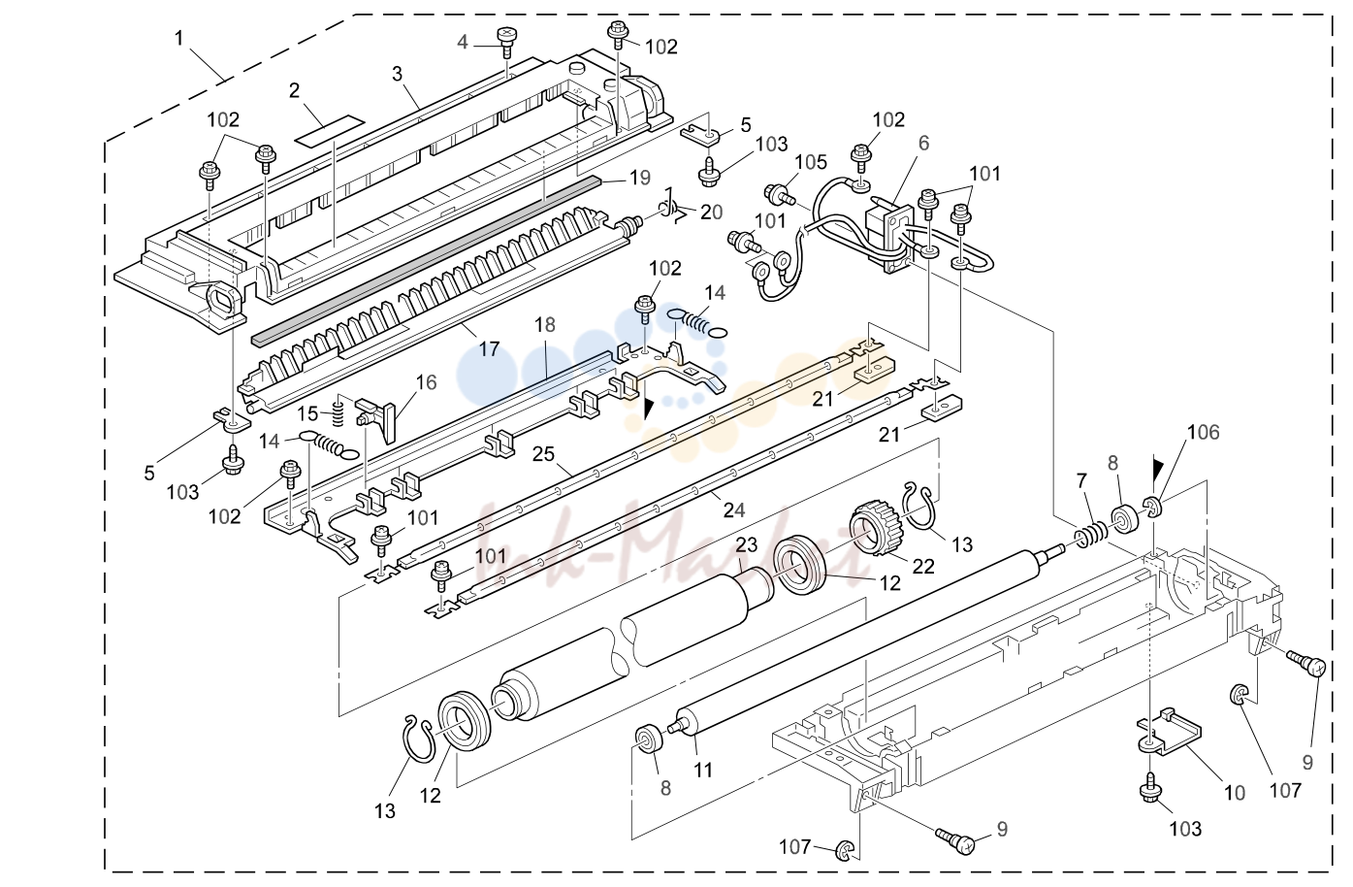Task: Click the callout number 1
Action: [x=178, y=39]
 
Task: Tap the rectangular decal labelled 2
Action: [x=330, y=129]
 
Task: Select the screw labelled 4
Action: [x=505, y=41]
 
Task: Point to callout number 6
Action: [x=923, y=144]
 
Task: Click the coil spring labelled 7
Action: [x=1092, y=533]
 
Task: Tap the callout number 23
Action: [x=747, y=545]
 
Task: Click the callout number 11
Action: [x=703, y=770]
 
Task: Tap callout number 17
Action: [x=489, y=348]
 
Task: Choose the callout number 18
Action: [x=545, y=324]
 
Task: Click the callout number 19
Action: [x=640, y=178]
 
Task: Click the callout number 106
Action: [x=1204, y=432]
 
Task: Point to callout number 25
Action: [x=543, y=454]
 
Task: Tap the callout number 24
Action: [x=734, y=510]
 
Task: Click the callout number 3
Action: [x=397, y=74]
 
